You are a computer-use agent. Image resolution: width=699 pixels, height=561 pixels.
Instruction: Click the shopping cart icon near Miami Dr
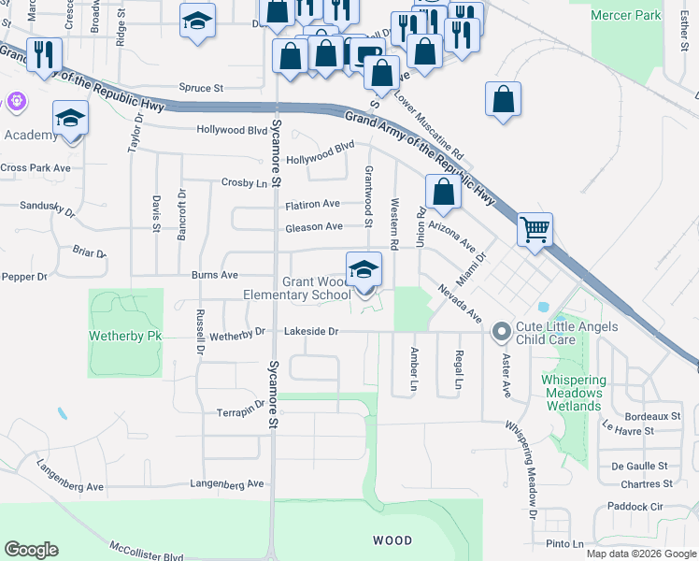pyautogui.click(x=535, y=228)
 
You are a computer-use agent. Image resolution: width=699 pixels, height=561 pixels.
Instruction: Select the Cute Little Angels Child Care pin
pyautogui.click(x=501, y=330)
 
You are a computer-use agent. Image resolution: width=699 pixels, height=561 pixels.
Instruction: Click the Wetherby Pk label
pyautogui.click(x=126, y=335)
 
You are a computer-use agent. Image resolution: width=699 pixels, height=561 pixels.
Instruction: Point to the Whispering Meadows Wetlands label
pyautogui.click(x=573, y=394)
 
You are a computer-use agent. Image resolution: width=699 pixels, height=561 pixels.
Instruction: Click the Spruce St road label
pyautogui.click(x=201, y=88)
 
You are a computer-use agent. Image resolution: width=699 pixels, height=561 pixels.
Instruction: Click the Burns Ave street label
pyautogui.click(x=215, y=276)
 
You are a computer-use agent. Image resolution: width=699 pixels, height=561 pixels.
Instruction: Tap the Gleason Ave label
pyautogui.click(x=314, y=226)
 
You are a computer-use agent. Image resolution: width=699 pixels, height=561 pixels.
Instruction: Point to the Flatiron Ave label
pyautogui.click(x=312, y=204)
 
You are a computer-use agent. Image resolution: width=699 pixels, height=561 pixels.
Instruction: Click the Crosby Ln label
pyautogui.click(x=245, y=182)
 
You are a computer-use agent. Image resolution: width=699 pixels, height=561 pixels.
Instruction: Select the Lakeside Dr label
pyautogui.click(x=311, y=331)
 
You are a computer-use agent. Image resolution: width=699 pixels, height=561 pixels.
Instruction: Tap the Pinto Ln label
pyautogui.click(x=564, y=544)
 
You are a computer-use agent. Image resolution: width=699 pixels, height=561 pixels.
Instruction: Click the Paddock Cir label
pyautogui.click(x=634, y=506)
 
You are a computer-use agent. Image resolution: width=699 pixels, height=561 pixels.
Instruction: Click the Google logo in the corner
pyautogui.click(x=31, y=550)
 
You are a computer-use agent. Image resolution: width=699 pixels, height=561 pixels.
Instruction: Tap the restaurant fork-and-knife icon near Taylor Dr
pyautogui.click(x=44, y=54)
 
